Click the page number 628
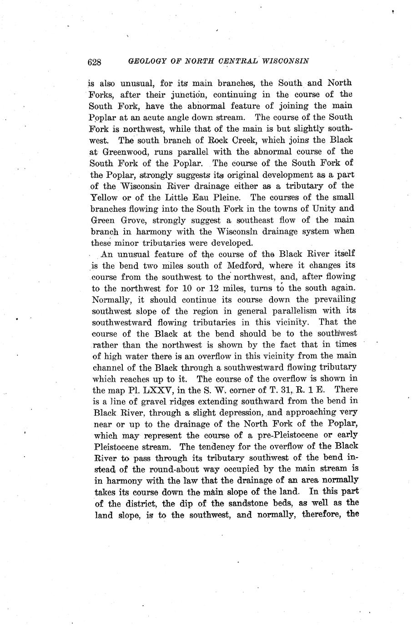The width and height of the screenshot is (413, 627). (x=94, y=62)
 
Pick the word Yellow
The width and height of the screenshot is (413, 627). (x=105, y=197)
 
